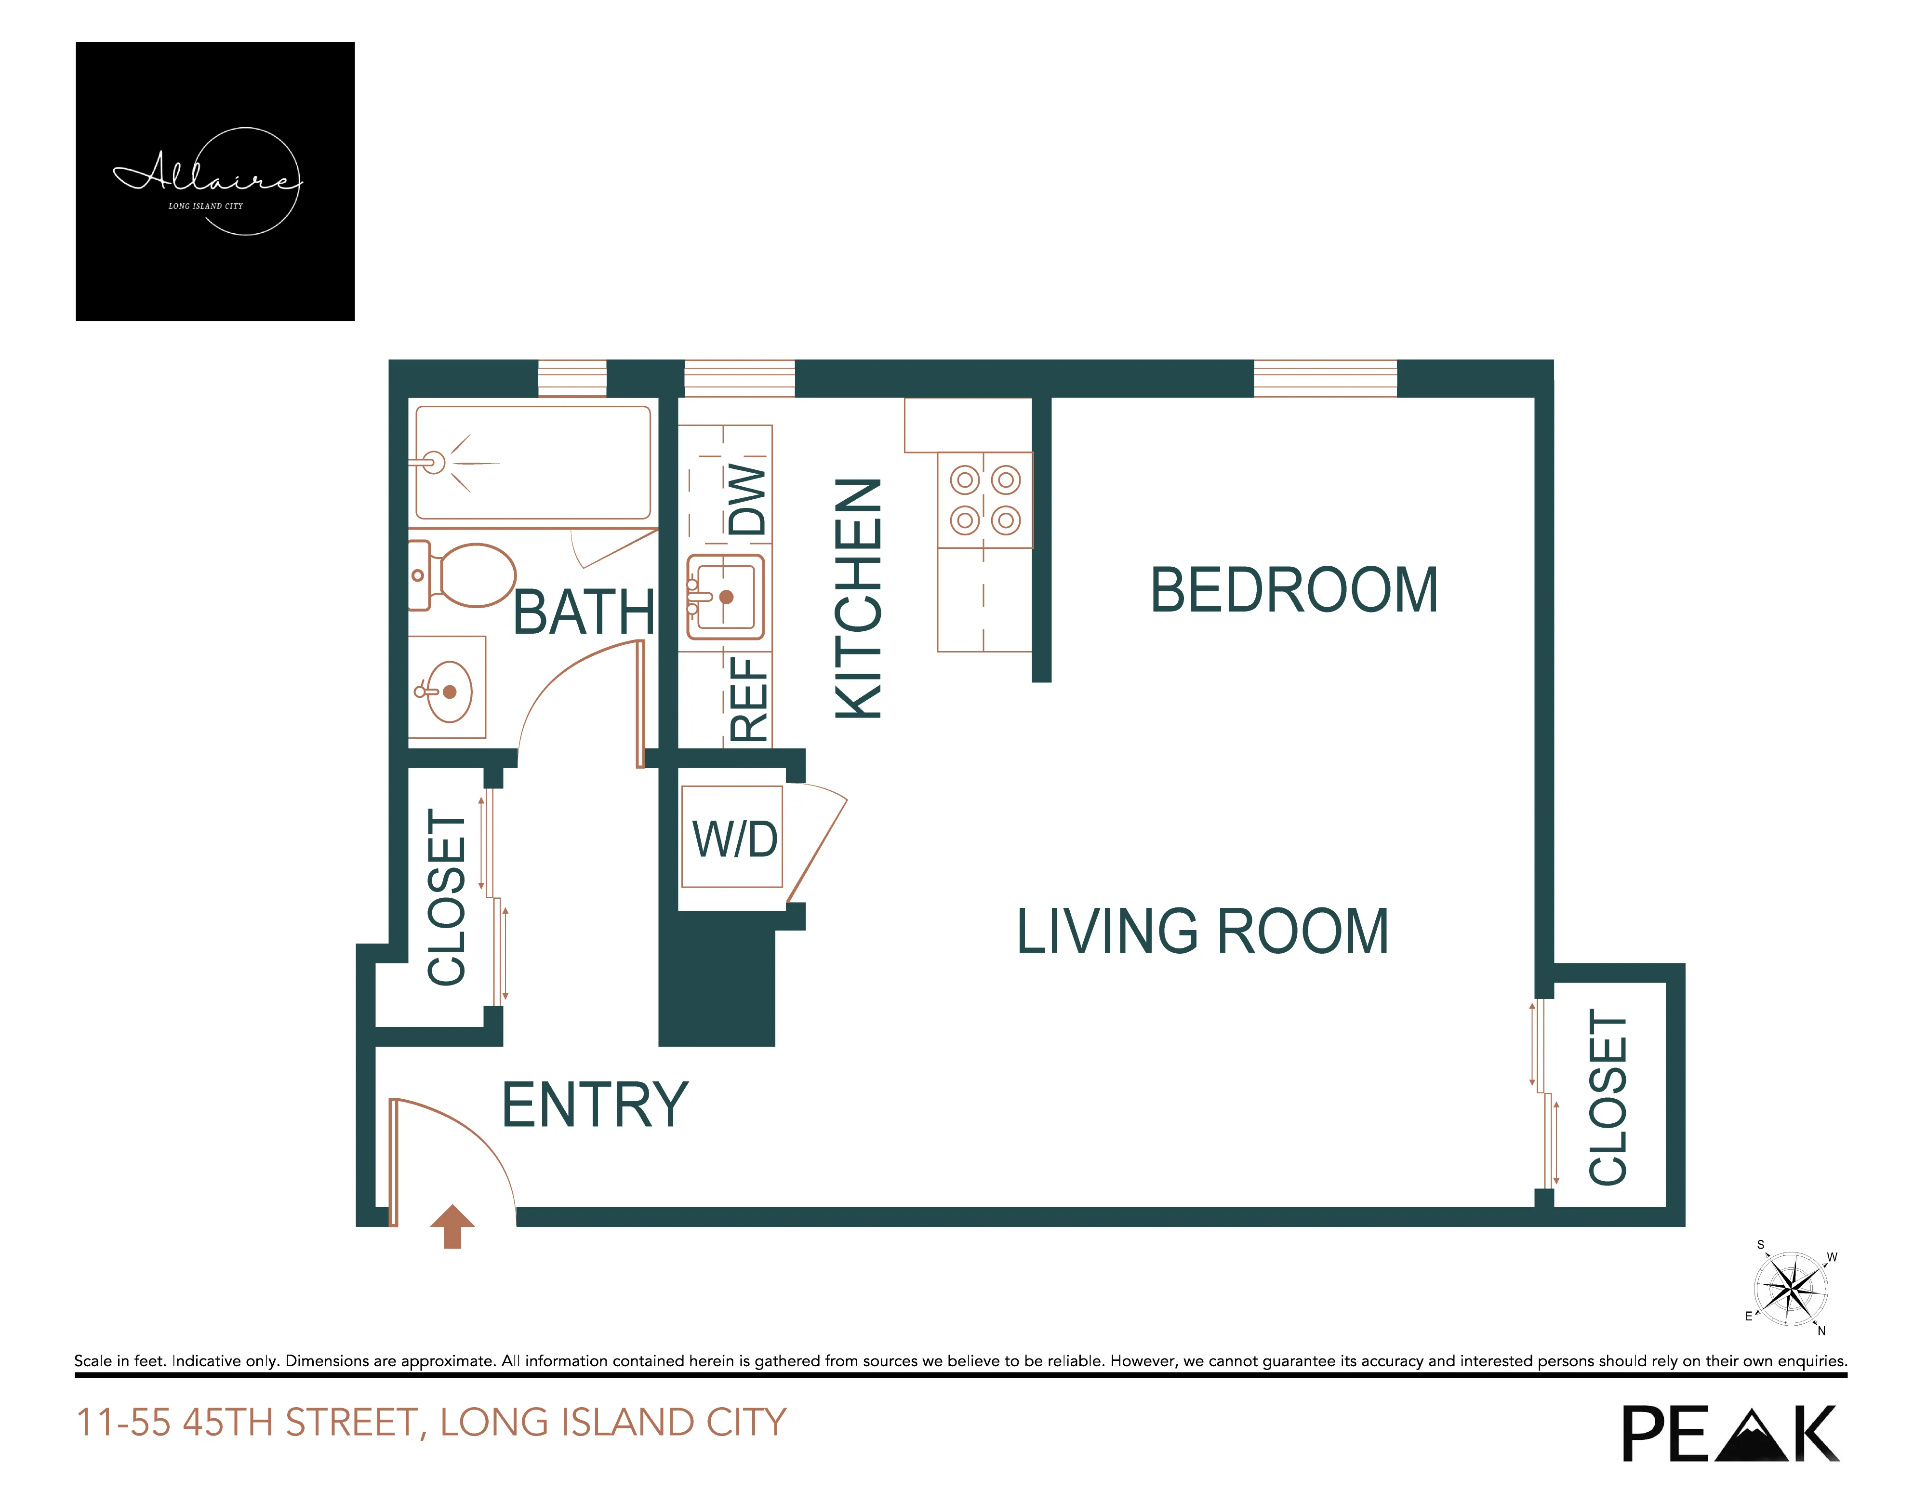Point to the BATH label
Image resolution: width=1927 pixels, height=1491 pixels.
pyautogui.click(x=583, y=612)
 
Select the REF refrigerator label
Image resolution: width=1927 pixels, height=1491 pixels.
pyautogui.click(x=748, y=699)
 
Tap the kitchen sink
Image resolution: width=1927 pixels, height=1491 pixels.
pyautogui.click(x=725, y=597)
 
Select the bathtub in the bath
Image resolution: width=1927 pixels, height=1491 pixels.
pyautogui.click(x=533, y=462)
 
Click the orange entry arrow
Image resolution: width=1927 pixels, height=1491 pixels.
pyautogui.click(x=452, y=1226)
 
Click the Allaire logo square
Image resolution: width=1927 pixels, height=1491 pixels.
pyautogui.click(x=215, y=181)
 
